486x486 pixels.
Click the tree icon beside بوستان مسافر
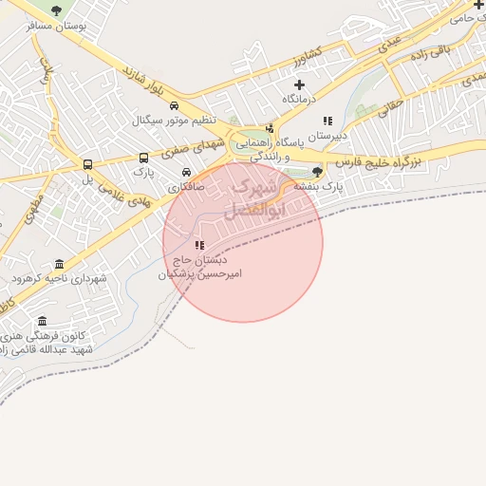pos(56,10)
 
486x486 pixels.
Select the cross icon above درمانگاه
pos(299,84)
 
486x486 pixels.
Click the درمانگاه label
pos(298,99)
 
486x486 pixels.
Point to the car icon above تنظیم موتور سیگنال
pos(174,106)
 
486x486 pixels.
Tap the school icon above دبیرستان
pos(327,121)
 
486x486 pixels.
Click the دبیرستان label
pos(327,136)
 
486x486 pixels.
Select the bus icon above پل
pos(88,164)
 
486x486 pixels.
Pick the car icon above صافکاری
pos(186,173)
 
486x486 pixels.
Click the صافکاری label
pos(186,187)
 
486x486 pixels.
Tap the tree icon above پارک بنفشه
pos(317,172)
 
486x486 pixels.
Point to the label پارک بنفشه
pos(317,187)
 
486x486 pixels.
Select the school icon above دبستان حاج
pos(199,245)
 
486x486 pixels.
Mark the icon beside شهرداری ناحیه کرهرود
pos(60,264)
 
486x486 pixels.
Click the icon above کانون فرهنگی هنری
pos(41,322)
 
